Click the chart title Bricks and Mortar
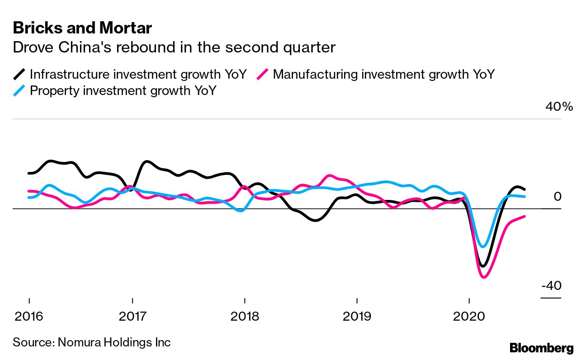tap(82, 28)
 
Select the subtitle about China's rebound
tap(174, 47)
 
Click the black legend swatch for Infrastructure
tap(20, 74)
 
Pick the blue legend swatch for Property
tap(20, 90)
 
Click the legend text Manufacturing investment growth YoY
tap(383, 74)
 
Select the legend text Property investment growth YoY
tap(123, 90)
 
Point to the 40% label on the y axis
tap(559, 107)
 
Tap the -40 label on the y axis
tap(551, 286)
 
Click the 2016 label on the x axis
tap(29, 316)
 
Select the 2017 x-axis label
tap(132, 316)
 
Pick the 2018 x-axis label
tap(245, 316)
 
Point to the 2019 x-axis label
tap(357, 316)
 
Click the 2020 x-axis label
tap(469, 316)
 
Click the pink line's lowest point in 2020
tap(484, 277)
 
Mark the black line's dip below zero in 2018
tap(316, 220)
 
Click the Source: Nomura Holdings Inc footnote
tap(92, 342)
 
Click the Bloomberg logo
tap(541, 348)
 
